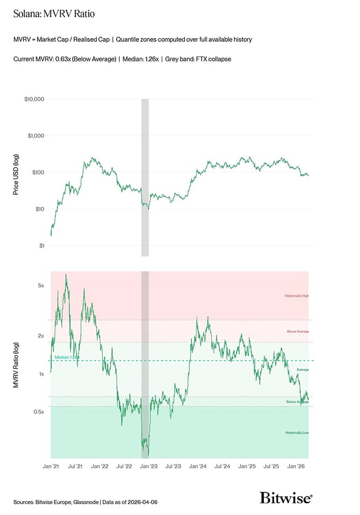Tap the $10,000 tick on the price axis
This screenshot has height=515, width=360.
pyautogui.click(x=33, y=99)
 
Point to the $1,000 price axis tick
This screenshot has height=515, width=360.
pyautogui.click(x=35, y=136)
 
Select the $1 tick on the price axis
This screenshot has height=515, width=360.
pyautogui.click(x=40, y=246)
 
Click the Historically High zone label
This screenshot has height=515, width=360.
pyautogui.click(x=297, y=296)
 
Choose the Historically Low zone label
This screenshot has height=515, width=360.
pyautogui.click(x=297, y=433)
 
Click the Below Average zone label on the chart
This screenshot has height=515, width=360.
pyautogui.click(x=298, y=402)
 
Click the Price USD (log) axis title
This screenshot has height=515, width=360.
pyautogui.click(x=16, y=173)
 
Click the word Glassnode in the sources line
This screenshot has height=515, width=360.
pyautogui.click(x=84, y=502)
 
